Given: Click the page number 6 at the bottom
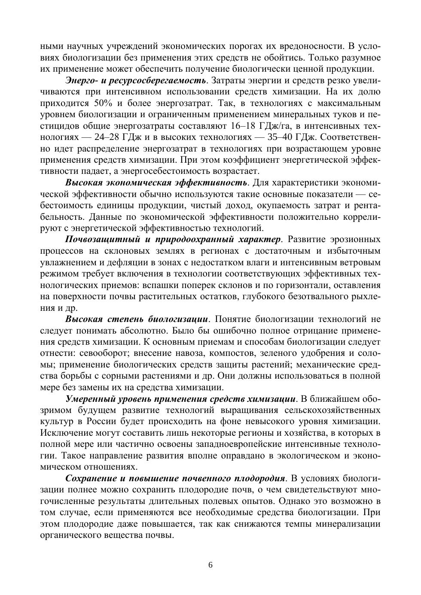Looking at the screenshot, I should point(210,565).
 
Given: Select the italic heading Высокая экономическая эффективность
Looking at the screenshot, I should point(156,183).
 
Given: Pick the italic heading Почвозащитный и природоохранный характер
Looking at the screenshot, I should point(173,239).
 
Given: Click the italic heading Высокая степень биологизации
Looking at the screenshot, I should point(137,319).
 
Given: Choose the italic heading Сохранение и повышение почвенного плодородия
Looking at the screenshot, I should point(175,478).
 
